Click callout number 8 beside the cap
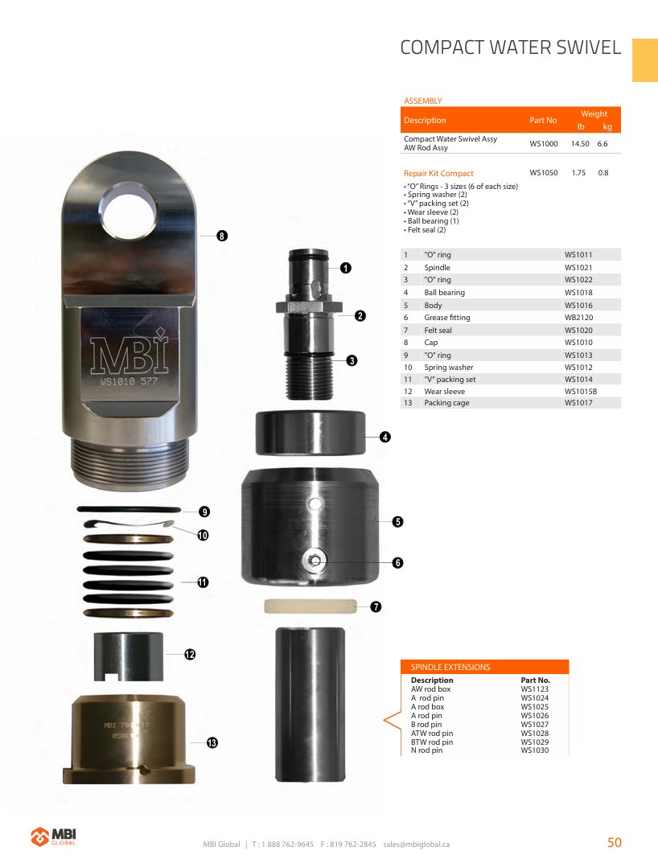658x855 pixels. (x=222, y=236)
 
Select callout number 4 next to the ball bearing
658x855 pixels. (x=385, y=437)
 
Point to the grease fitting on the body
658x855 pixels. (x=315, y=560)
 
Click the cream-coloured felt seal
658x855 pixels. (x=310, y=606)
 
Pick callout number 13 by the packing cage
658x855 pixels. (x=212, y=742)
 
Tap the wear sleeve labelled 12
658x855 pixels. (x=129, y=656)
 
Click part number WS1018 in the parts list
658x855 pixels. (x=578, y=292)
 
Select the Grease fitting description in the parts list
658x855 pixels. (x=447, y=318)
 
